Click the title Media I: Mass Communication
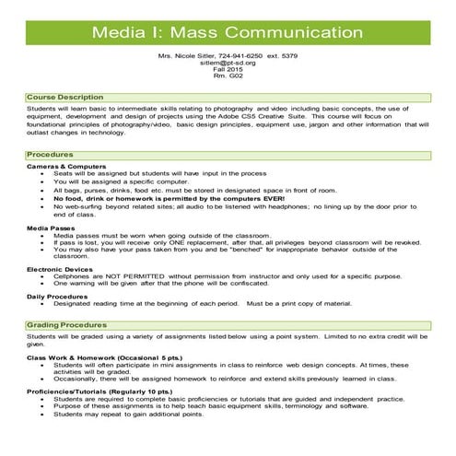(228, 34)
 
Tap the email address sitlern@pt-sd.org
(228, 64)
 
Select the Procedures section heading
(30, 155)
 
